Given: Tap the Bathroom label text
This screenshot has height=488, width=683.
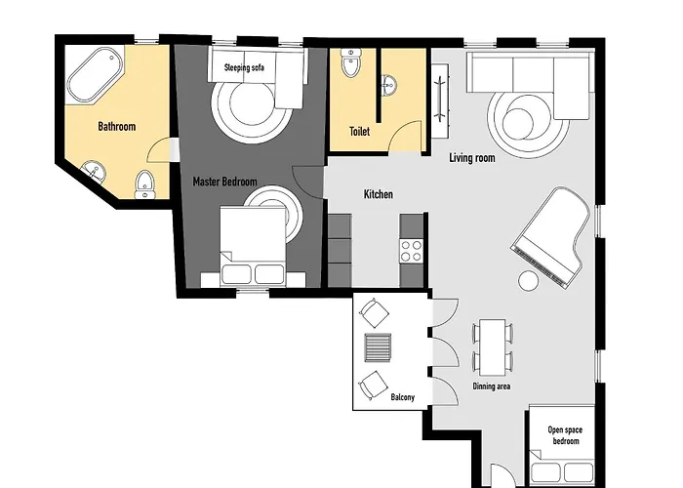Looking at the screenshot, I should pyautogui.click(x=116, y=127).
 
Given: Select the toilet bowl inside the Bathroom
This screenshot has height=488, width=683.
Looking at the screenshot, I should pyautogui.click(x=145, y=183).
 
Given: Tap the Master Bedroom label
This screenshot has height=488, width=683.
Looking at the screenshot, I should pyautogui.click(x=224, y=181).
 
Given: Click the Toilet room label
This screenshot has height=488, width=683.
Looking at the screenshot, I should pyautogui.click(x=359, y=132).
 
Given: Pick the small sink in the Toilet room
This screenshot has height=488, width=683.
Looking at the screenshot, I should pyautogui.click(x=389, y=85).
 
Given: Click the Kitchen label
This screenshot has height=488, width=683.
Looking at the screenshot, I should pyautogui.click(x=379, y=194).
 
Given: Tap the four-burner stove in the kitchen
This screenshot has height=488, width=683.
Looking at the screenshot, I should pyautogui.click(x=411, y=250).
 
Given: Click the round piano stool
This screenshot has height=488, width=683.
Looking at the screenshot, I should pyautogui.click(x=528, y=282).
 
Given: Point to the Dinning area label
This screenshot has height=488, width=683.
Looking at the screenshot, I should pyautogui.click(x=493, y=386).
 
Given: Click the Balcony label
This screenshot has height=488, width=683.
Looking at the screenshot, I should pyautogui.click(x=403, y=397).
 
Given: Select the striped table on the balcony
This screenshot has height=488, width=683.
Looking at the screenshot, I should pyautogui.click(x=375, y=347).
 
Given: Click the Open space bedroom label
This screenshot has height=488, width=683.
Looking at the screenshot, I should pyautogui.click(x=563, y=434).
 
